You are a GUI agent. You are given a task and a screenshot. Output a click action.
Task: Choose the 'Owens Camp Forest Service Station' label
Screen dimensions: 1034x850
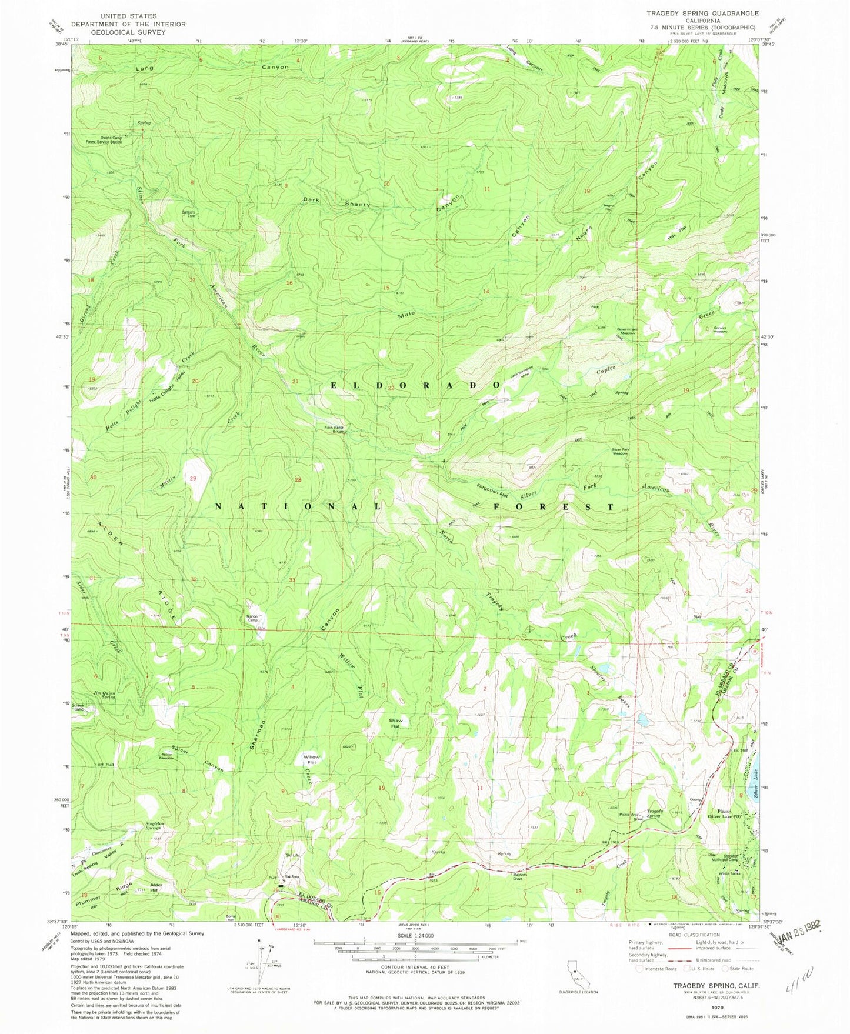click(104, 139)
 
